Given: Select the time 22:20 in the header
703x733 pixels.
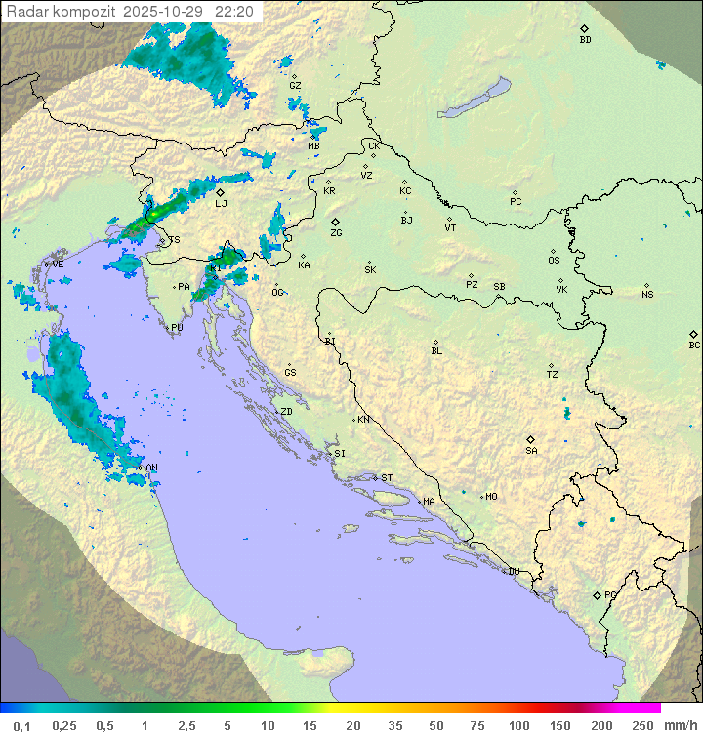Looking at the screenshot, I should [x=234, y=12].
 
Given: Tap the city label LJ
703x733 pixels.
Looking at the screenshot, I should [x=221, y=203].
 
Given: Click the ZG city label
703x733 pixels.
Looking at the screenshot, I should [x=336, y=233].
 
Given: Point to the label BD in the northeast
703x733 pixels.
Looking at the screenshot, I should [x=585, y=40].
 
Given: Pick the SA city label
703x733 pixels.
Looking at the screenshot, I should [x=531, y=450].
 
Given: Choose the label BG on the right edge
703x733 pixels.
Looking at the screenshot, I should [x=694, y=345].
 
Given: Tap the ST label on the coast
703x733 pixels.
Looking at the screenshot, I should [x=387, y=477].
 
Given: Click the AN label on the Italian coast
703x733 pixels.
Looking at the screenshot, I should [x=151, y=468].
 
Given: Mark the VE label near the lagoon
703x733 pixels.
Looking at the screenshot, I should [x=58, y=264].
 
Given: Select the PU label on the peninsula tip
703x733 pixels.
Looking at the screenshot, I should [x=177, y=328].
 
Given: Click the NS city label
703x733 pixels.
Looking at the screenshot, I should [x=647, y=294].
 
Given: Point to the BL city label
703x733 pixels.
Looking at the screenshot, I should [x=436, y=350].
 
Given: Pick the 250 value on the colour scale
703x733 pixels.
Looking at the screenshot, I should [x=642, y=725].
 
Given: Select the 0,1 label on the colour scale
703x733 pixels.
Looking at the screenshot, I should [x=21, y=725].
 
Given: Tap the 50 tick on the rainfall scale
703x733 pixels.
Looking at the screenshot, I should [x=434, y=725].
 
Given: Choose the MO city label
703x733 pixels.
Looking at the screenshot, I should [x=491, y=496].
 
